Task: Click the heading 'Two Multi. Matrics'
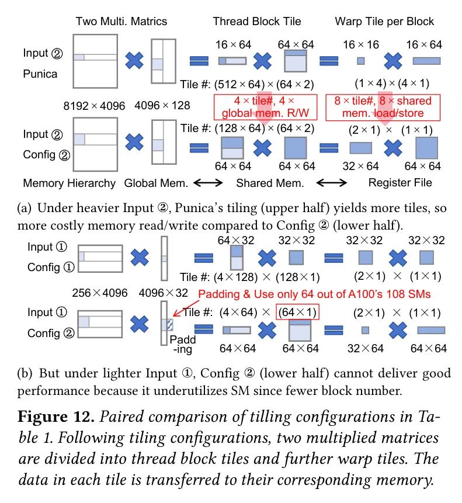tap(121, 22)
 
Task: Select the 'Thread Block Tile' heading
tap(257, 22)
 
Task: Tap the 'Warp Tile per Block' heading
tap(384, 22)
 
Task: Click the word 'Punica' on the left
tap(40, 74)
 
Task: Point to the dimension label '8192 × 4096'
tap(94, 106)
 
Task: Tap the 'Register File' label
tap(400, 183)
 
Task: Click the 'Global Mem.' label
tap(156, 183)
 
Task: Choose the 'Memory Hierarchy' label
tap(70, 183)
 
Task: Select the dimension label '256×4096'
tap(100, 293)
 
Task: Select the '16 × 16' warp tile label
tap(360, 45)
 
